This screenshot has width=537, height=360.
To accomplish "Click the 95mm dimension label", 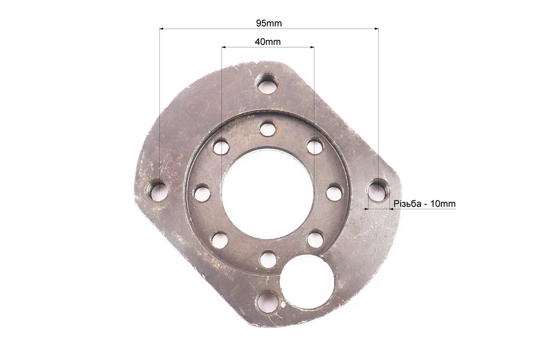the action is (x=269, y=23).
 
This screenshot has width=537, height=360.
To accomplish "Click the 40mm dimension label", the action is (x=268, y=42).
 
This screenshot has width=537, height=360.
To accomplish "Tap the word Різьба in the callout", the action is (x=407, y=204).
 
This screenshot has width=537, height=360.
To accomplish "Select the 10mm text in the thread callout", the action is (x=443, y=204).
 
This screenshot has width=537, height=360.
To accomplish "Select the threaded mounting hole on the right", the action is (x=378, y=190).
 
